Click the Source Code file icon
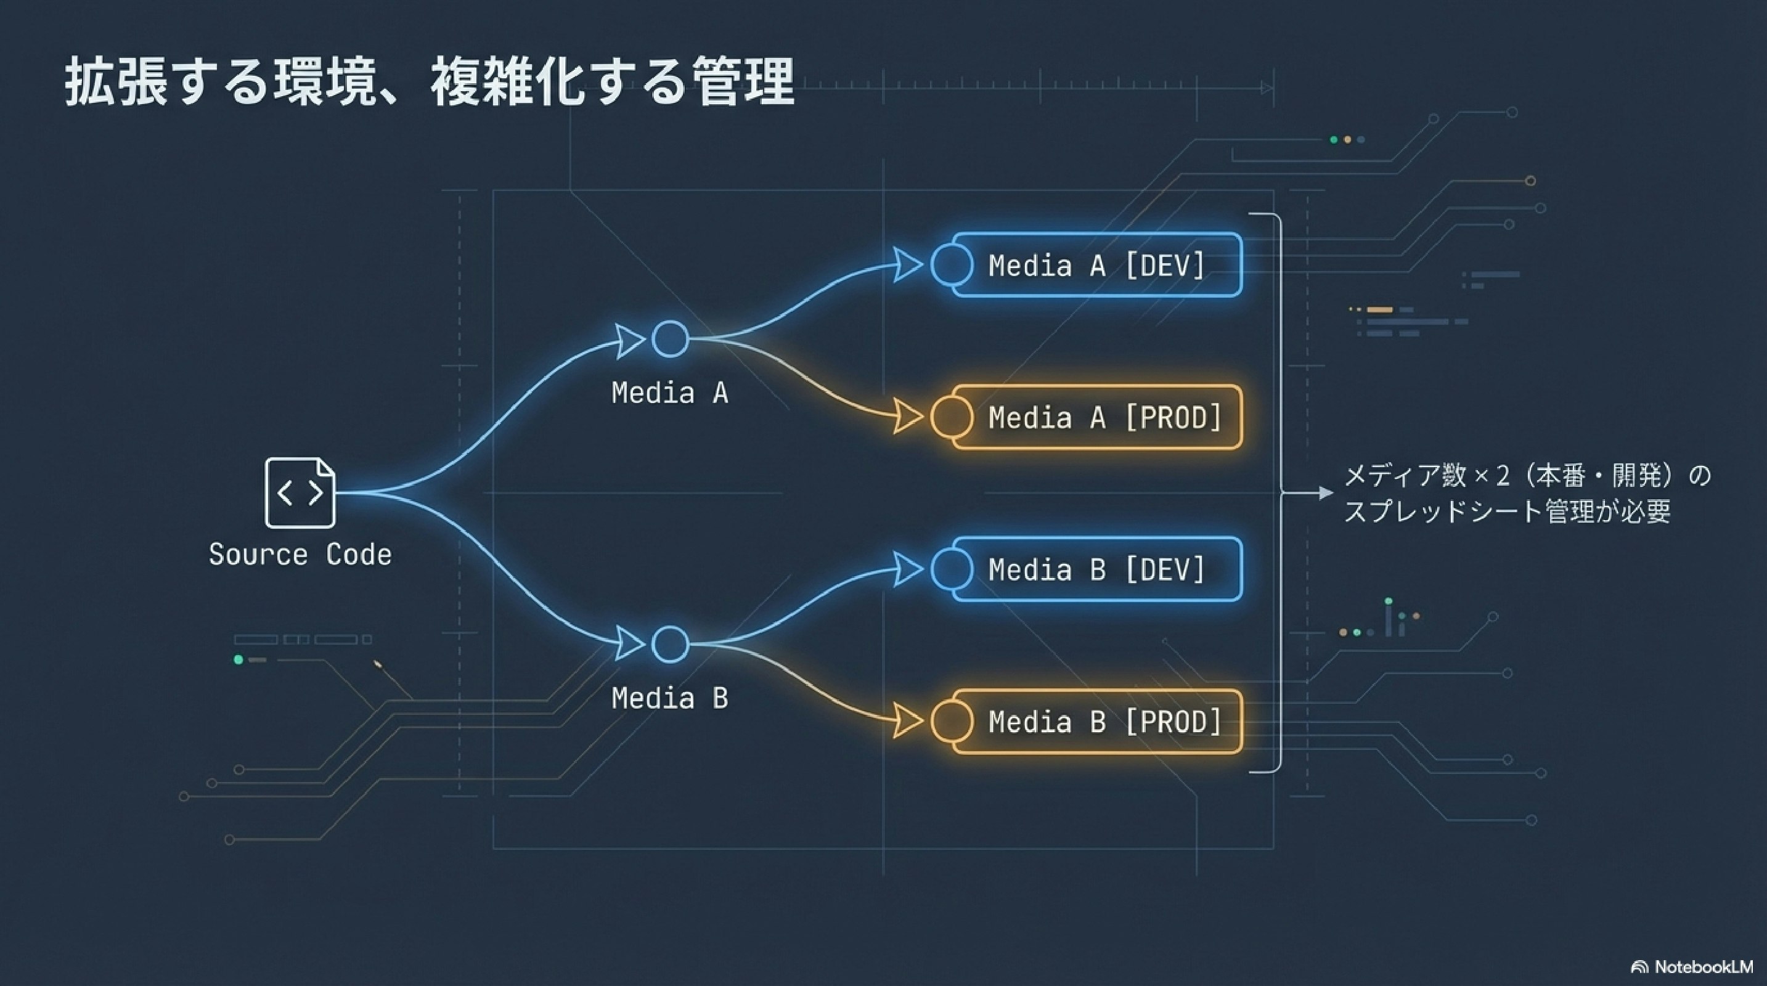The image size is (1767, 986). (x=300, y=492)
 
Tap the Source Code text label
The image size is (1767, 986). (x=300, y=555)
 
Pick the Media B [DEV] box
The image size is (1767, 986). (x=1096, y=570)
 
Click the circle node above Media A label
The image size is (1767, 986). (x=670, y=339)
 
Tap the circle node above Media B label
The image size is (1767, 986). (x=670, y=644)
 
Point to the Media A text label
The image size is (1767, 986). (x=669, y=394)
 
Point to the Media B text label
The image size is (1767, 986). (x=669, y=699)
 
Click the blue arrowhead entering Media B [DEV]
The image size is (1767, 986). (x=908, y=570)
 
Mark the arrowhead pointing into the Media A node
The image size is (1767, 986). (x=629, y=341)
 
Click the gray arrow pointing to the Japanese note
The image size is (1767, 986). (x=1324, y=492)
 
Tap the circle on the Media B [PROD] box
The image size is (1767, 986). (x=952, y=722)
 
